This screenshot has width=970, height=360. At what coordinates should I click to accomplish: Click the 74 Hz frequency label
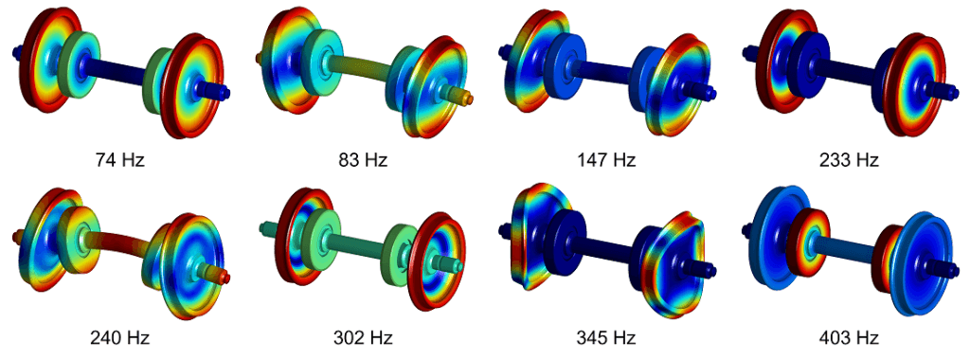(x=120, y=160)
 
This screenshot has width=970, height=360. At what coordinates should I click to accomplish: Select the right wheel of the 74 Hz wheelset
(x=193, y=86)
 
